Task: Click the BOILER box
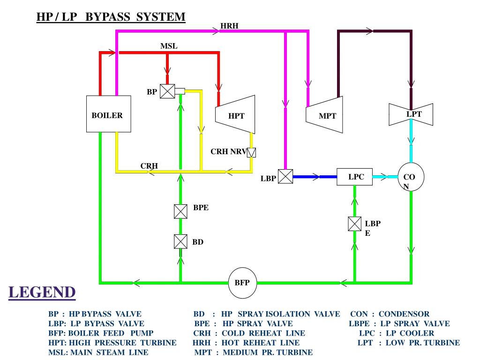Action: pos(108,113)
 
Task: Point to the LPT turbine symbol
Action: pos(411,114)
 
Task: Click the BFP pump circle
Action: pos(242,283)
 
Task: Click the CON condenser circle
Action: pos(411,177)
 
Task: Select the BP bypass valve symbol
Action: pos(167,91)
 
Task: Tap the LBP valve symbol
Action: pos(285,176)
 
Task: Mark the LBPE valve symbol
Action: pos(355,224)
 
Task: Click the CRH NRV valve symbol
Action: pos(252,152)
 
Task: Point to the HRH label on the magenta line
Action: pos(230,26)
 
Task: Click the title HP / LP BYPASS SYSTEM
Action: pos(111,17)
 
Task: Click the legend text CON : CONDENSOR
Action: pos(390,314)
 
